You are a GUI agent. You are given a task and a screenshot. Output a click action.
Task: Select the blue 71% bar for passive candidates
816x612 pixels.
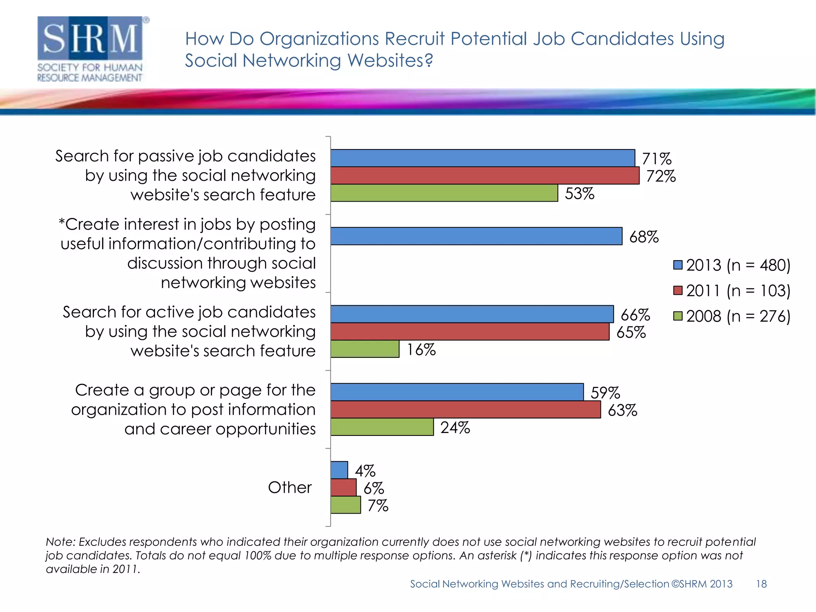pos(482,158)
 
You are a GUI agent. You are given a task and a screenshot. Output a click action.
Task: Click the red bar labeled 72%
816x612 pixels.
pos(484,175)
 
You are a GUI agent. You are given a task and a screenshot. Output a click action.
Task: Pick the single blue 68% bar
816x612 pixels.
pos(476,236)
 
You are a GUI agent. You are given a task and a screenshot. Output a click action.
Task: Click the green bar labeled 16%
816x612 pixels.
pos(365,349)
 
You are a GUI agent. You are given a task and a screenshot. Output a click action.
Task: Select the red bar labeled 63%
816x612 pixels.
pos(465,410)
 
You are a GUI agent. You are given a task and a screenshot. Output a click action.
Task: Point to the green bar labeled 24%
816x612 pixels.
pos(382,427)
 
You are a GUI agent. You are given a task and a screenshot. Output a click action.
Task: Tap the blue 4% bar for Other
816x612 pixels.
pos(339,470)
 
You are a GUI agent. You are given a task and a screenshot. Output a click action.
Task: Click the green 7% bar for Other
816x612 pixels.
pos(345,505)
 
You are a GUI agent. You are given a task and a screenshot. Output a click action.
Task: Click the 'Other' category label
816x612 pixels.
pos(289,487)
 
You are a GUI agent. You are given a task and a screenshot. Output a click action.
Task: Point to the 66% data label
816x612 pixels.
pos(635,315)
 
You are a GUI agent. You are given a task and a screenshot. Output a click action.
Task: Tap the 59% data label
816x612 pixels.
pos(605,393)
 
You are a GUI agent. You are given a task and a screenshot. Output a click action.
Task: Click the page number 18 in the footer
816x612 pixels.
pos(761,584)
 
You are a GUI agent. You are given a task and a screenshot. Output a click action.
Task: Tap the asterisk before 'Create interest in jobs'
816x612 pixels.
pos(61,221)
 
